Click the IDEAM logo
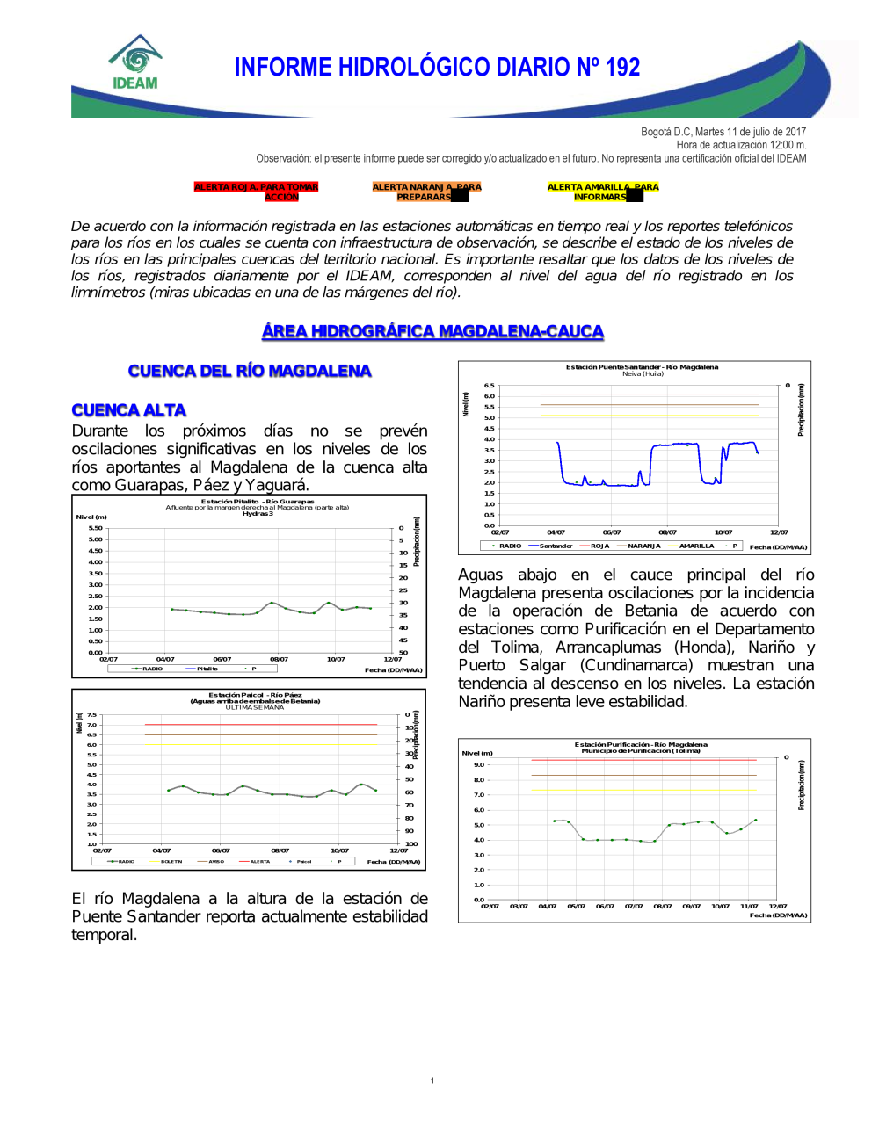135,63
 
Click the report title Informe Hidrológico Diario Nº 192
437,68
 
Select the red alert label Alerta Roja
256,192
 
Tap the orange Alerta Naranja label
426,192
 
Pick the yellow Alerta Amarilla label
602,192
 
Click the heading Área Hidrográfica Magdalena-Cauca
432,331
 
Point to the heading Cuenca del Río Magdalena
250,371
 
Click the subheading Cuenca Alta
128,410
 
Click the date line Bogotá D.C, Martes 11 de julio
723,132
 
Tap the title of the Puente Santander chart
642,367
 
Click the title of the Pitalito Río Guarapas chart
258,502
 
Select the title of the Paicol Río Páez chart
255,695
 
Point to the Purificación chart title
641,744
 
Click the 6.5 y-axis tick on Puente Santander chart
490,386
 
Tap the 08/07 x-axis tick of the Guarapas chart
279,659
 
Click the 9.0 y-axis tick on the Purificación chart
479,765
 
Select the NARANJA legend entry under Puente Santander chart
643,546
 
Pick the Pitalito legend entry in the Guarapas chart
207,669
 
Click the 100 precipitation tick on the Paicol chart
410,844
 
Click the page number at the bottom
432,1081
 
